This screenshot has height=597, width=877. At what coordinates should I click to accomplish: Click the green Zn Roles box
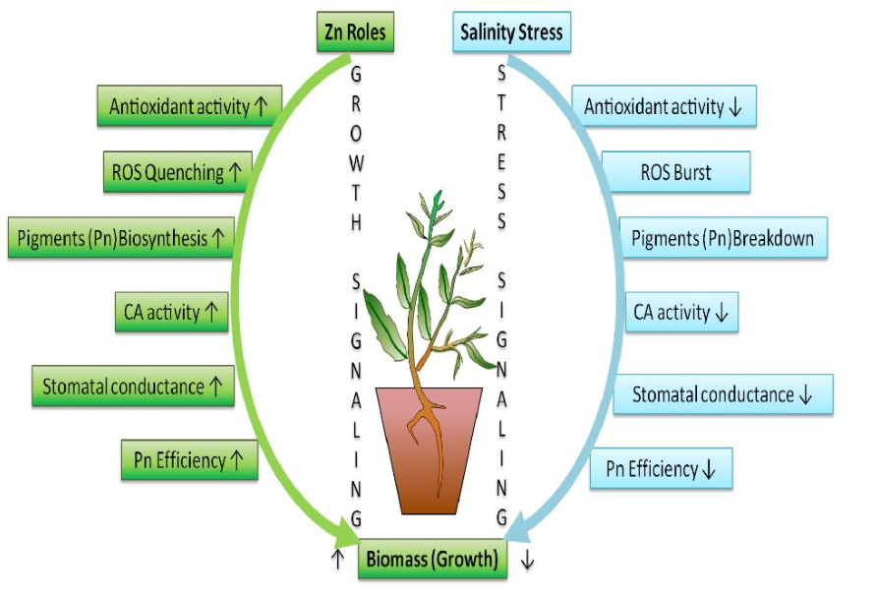(355, 33)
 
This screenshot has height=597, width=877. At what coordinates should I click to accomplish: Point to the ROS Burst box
(675, 172)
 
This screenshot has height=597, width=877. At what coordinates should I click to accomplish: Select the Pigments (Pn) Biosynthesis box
(121, 238)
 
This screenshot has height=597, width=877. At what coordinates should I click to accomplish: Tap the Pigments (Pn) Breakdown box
(723, 238)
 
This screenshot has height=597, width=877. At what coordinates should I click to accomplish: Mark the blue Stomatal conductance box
(723, 394)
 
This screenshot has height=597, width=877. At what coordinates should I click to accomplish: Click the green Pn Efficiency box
(190, 459)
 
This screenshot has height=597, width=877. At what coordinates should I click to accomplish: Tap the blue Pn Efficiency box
(662, 469)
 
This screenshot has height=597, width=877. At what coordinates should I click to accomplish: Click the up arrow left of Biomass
(337, 561)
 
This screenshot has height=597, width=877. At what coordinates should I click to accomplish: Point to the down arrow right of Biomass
(527, 561)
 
